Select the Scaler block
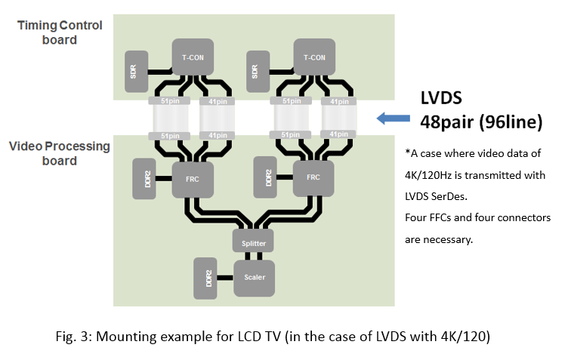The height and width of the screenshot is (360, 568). [x=254, y=277]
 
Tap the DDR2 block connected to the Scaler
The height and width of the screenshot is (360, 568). [x=205, y=277]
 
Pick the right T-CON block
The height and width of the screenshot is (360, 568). [x=315, y=57]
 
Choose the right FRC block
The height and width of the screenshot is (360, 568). [x=313, y=179]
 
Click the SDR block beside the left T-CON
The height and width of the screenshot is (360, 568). [x=134, y=72]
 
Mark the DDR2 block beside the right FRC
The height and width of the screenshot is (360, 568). [x=266, y=179]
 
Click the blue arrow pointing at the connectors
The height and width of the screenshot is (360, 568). [x=392, y=117]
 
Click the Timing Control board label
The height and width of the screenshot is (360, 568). [x=60, y=32]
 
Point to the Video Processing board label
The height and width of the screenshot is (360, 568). [x=60, y=153]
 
